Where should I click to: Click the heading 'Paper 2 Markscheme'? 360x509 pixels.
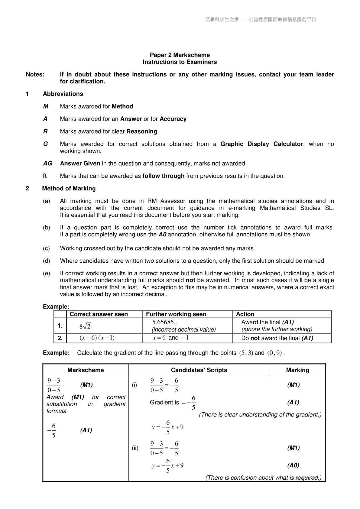point(180,55)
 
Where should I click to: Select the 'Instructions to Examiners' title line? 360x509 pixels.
point(180,62)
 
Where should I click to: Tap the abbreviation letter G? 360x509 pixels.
point(45,144)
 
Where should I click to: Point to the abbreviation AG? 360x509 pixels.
point(47,164)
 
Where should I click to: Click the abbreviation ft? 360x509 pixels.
point(45,176)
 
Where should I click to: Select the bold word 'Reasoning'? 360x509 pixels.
point(142,131)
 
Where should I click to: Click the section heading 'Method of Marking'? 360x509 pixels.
point(69,189)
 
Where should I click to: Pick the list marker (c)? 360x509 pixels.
point(46,248)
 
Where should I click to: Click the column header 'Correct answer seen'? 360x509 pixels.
point(99,314)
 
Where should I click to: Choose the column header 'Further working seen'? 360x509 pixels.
point(176,314)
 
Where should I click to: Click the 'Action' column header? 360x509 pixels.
point(245,314)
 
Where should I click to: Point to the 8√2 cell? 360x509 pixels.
point(85,326)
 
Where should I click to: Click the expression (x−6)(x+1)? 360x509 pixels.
point(97,338)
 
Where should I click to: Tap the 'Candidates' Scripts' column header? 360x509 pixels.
point(199,370)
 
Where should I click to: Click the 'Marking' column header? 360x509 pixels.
point(297,370)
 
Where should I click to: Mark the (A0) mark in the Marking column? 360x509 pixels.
point(293,465)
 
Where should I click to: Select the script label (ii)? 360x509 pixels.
point(135,448)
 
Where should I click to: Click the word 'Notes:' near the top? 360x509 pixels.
point(35,74)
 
